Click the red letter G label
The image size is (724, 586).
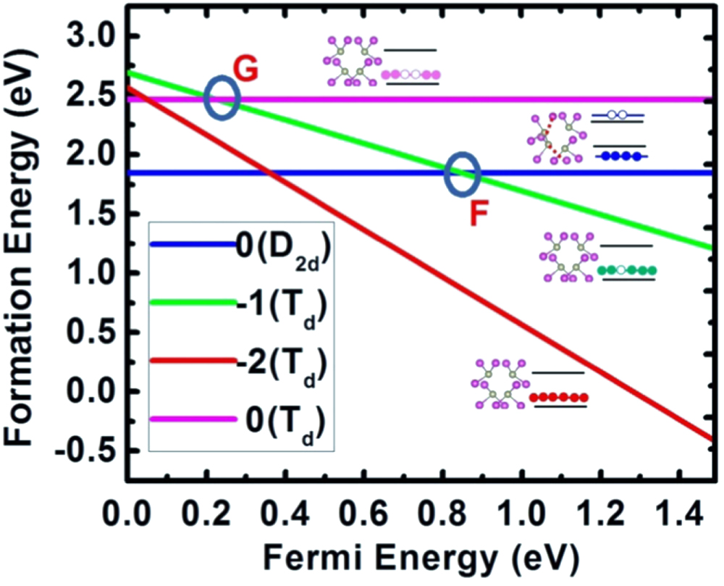coord(245,70)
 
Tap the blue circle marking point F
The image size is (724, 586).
coord(461,173)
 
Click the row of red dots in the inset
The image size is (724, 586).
coord(558,398)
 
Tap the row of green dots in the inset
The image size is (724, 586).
coord(627,271)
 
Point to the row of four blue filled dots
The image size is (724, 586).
coord(620,156)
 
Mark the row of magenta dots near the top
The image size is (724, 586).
coord(411,75)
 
